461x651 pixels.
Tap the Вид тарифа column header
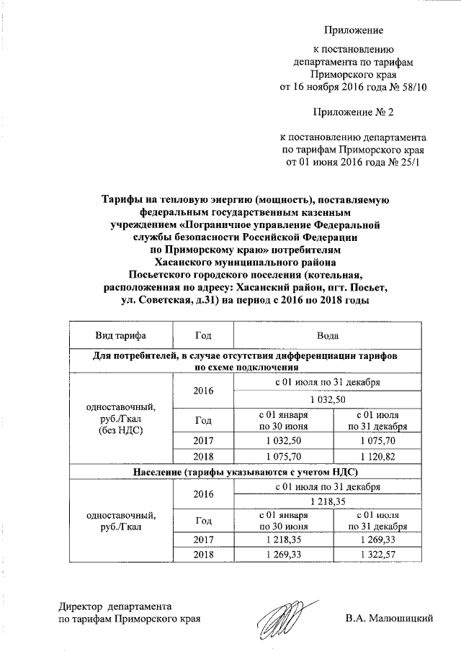[x=120, y=336]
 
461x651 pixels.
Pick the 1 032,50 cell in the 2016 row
[x=328, y=399]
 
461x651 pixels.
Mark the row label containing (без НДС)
[x=120, y=430]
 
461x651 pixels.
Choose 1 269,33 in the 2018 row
[x=286, y=553]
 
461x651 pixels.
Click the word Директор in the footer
[x=81, y=606]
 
